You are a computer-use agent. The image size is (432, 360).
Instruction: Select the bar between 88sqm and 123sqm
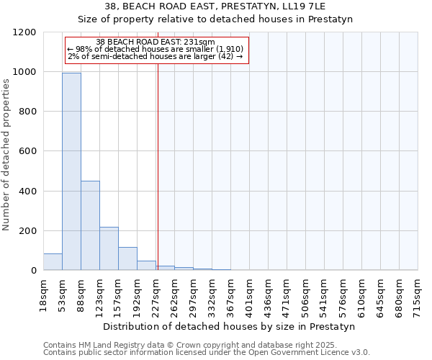(90, 225)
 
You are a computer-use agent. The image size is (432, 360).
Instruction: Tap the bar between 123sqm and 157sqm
(109, 248)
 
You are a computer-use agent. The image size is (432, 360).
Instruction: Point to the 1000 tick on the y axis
(28, 72)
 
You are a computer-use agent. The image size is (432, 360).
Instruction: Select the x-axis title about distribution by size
(230, 326)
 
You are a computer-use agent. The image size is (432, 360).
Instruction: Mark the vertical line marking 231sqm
(158, 158)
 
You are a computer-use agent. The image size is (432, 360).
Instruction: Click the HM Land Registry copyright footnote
(191, 345)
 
